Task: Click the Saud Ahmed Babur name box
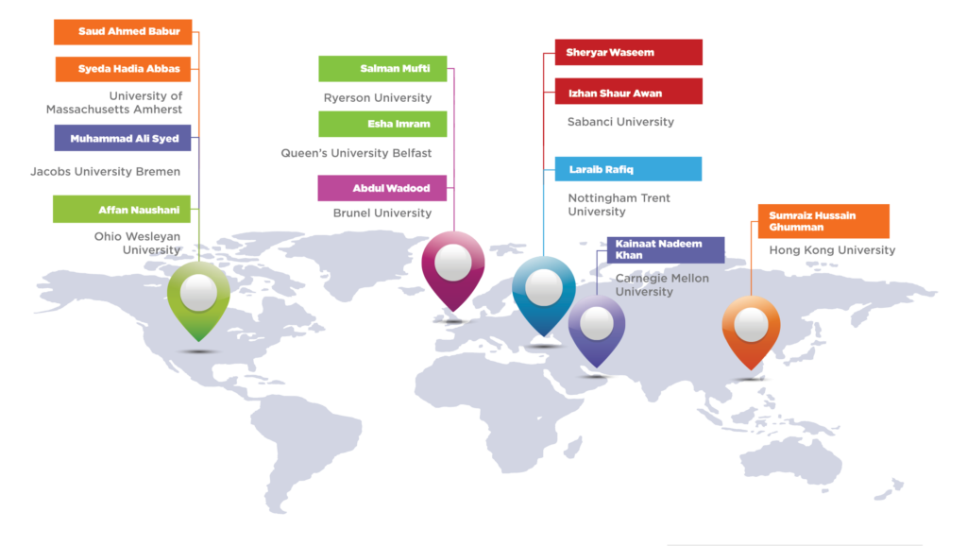(x=123, y=31)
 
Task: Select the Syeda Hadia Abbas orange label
(x=123, y=69)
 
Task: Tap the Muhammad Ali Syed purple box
(x=123, y=138)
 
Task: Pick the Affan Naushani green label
(x=122, y=209)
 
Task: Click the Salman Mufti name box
(x=382, y=68)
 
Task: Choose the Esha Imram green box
(x=382, y=124)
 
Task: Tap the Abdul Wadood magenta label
(x=382, y=188)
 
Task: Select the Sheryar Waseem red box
(x=628, y=53)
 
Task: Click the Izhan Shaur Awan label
(x=628, y=92)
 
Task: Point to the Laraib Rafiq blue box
(x=628, y=169)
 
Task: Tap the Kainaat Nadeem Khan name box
(x=666, y=250)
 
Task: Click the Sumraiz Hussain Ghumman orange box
(x=823, y=221)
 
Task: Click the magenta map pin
(x=453, y=270)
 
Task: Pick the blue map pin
(x=543, y=296)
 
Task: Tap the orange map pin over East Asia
(x=751, y=332)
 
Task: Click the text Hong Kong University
(x=832, y=250)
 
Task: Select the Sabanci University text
(x=620, y=122)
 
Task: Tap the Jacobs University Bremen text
(x=106, y=172)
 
